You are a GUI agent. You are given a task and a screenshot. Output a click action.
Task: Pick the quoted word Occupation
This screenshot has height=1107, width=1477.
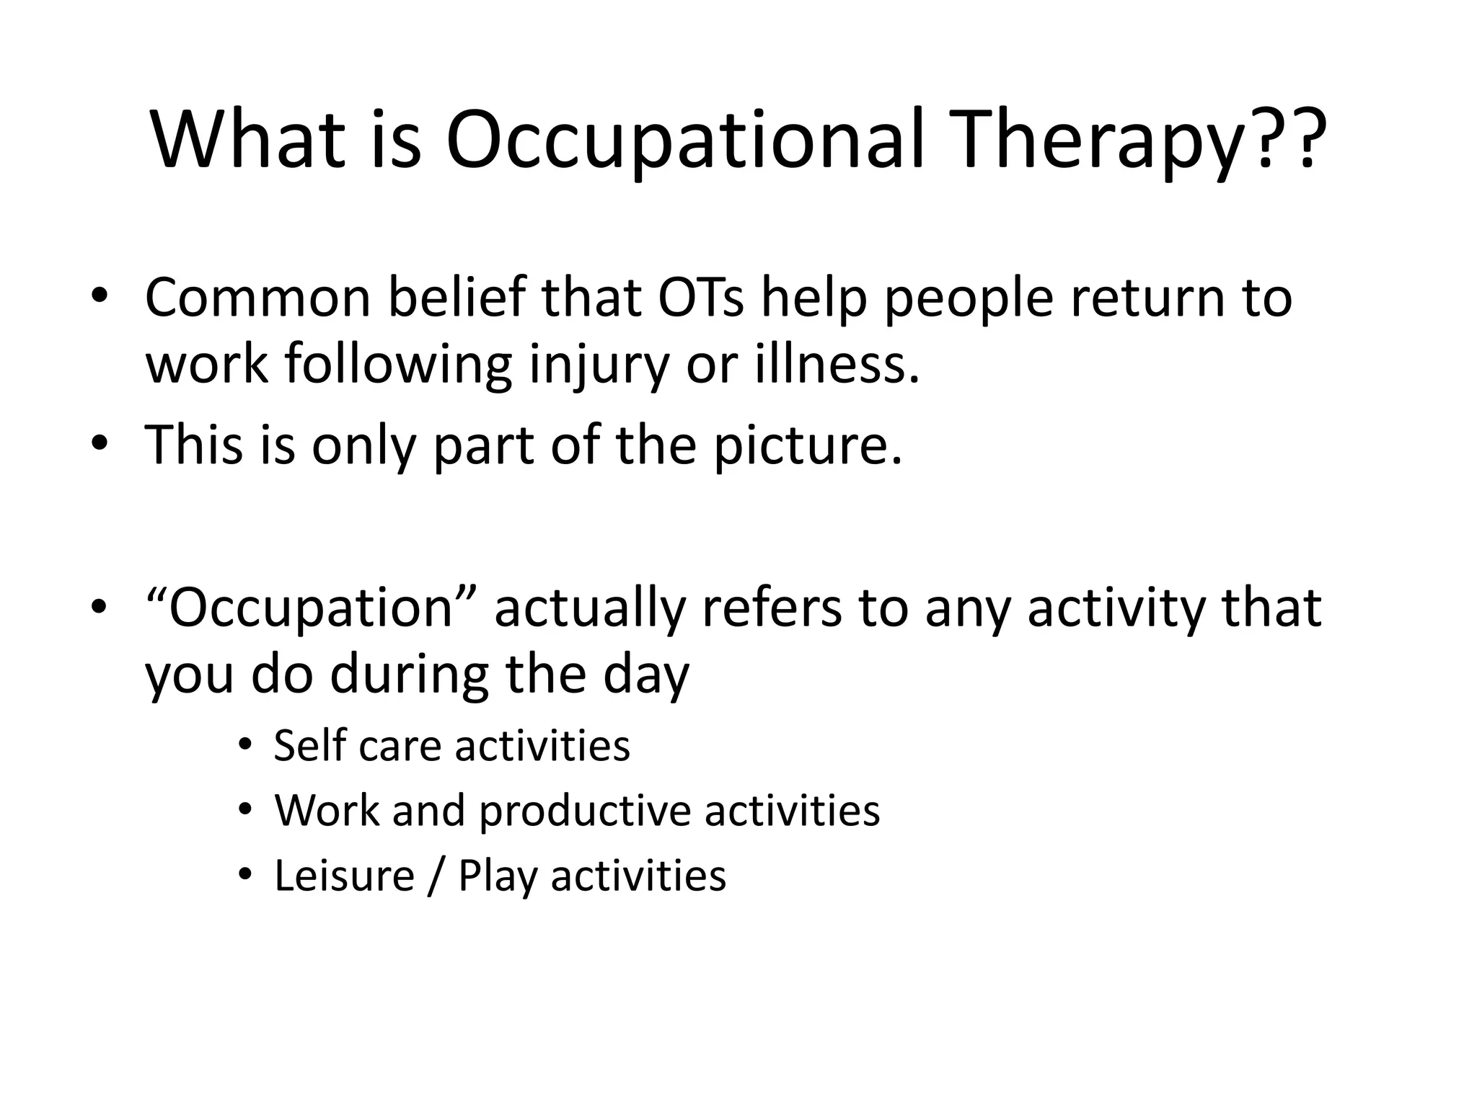[312, 608]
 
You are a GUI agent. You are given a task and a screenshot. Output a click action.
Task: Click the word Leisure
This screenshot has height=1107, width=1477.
[344, 876]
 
